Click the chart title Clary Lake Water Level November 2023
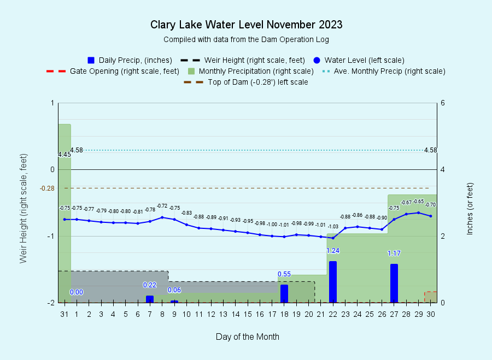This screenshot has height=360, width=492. click(x=247, y=25)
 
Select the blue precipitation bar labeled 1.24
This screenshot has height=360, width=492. click(x=333, y=282)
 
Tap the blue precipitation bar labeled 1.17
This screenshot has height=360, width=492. click(x=394, y=283)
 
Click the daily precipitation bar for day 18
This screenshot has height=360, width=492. click(x=284, y=293)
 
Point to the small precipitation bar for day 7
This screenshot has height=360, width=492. click(x=150, y=299)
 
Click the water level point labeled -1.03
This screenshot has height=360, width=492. click(x=333, y=238)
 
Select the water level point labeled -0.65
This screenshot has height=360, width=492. click(x=419, y=213)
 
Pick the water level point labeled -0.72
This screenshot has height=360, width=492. click(x=162, y=217)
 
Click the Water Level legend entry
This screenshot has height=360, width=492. click(x=359, y=60)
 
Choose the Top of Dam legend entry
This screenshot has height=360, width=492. click(x=245, y=82)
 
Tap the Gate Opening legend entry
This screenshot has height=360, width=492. click(x=113, y=71)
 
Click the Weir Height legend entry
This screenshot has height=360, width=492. click(x=243, y=60)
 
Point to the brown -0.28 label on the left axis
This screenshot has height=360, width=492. click(x=47, y=188)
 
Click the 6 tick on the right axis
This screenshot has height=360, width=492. click(x=443, y=103)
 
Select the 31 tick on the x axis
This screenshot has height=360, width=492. click(x=65, y=314)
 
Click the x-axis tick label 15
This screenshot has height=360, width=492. click(x=248, y=314)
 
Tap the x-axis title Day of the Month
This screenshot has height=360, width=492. click(x=248, y=337)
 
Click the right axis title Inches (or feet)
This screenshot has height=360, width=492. click(x=470, y=209)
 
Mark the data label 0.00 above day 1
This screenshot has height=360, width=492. click(x=76, y=292)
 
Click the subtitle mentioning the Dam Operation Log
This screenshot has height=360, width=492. click(x=247, y=39)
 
